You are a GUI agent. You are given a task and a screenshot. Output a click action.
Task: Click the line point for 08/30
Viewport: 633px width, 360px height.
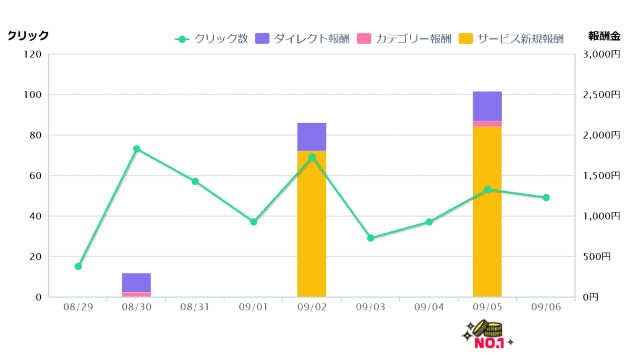tap(137, 149)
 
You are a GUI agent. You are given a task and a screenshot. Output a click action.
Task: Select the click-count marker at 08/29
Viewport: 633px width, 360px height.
tap(78, 267)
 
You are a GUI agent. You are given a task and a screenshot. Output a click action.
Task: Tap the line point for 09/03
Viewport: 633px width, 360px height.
tap(371, 238)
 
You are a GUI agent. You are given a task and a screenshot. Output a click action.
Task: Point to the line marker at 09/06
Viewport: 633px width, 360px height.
tap(546, 198)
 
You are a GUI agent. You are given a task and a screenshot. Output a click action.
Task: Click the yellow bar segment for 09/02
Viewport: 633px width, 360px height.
tap(312, 229)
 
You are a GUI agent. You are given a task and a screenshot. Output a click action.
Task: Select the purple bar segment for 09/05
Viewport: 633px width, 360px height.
tap(487, 106)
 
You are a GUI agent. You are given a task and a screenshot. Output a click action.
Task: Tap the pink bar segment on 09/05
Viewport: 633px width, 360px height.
tap(487, 124)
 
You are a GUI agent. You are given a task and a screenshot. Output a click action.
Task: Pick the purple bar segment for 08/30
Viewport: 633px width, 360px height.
tap(136, 282)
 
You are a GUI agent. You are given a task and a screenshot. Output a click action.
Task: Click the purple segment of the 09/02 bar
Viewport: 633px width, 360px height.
tap(312, 136)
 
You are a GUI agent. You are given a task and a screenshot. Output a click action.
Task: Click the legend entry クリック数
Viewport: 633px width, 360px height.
tap(212, 39)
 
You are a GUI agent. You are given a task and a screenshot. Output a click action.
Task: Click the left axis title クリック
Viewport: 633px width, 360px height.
tap(28, 36)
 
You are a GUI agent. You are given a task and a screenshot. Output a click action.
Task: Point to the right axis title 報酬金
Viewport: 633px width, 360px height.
tap(604, 36)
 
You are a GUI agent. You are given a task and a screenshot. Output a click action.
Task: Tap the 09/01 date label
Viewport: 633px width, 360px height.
tap(253, 307)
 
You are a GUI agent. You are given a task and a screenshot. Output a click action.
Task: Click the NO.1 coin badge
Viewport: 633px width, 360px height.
tap(488, 335)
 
